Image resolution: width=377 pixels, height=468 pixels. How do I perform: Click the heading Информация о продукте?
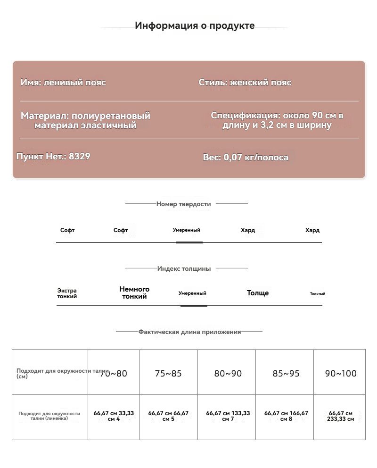(x=195, y=26)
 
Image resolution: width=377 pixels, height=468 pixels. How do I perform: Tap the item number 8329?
(x=79, y=157)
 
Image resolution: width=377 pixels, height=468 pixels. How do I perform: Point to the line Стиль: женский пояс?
(x=245, y=83)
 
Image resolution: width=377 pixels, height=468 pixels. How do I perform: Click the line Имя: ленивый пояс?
(x=63, y=83)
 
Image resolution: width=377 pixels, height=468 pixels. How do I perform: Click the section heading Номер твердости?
(x=183, y=204)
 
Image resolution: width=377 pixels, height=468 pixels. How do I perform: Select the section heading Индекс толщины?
(x=184, y=269)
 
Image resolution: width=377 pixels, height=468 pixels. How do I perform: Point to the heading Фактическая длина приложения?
(x=189, y=332)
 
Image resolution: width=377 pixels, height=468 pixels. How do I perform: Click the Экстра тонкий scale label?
(x=67, y=293)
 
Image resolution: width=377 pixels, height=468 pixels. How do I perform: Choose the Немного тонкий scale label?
(x=134, y=293)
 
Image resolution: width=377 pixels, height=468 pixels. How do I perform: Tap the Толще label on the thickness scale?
(x=258, y=293)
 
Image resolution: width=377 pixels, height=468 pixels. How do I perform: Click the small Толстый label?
(x=317, y=294)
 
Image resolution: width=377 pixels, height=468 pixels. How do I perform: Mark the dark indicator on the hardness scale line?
(x=189, y=242)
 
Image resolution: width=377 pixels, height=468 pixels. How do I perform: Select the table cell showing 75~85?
(x=168, y=374)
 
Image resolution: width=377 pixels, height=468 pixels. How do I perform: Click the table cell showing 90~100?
(x=341, y=374)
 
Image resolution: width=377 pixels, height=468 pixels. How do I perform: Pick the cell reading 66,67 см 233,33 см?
(x=340, y=416)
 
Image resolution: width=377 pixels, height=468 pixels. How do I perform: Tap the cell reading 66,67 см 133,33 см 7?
(x=228, y=416)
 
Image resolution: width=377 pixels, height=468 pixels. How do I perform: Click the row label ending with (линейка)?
(x=49, y=416)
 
